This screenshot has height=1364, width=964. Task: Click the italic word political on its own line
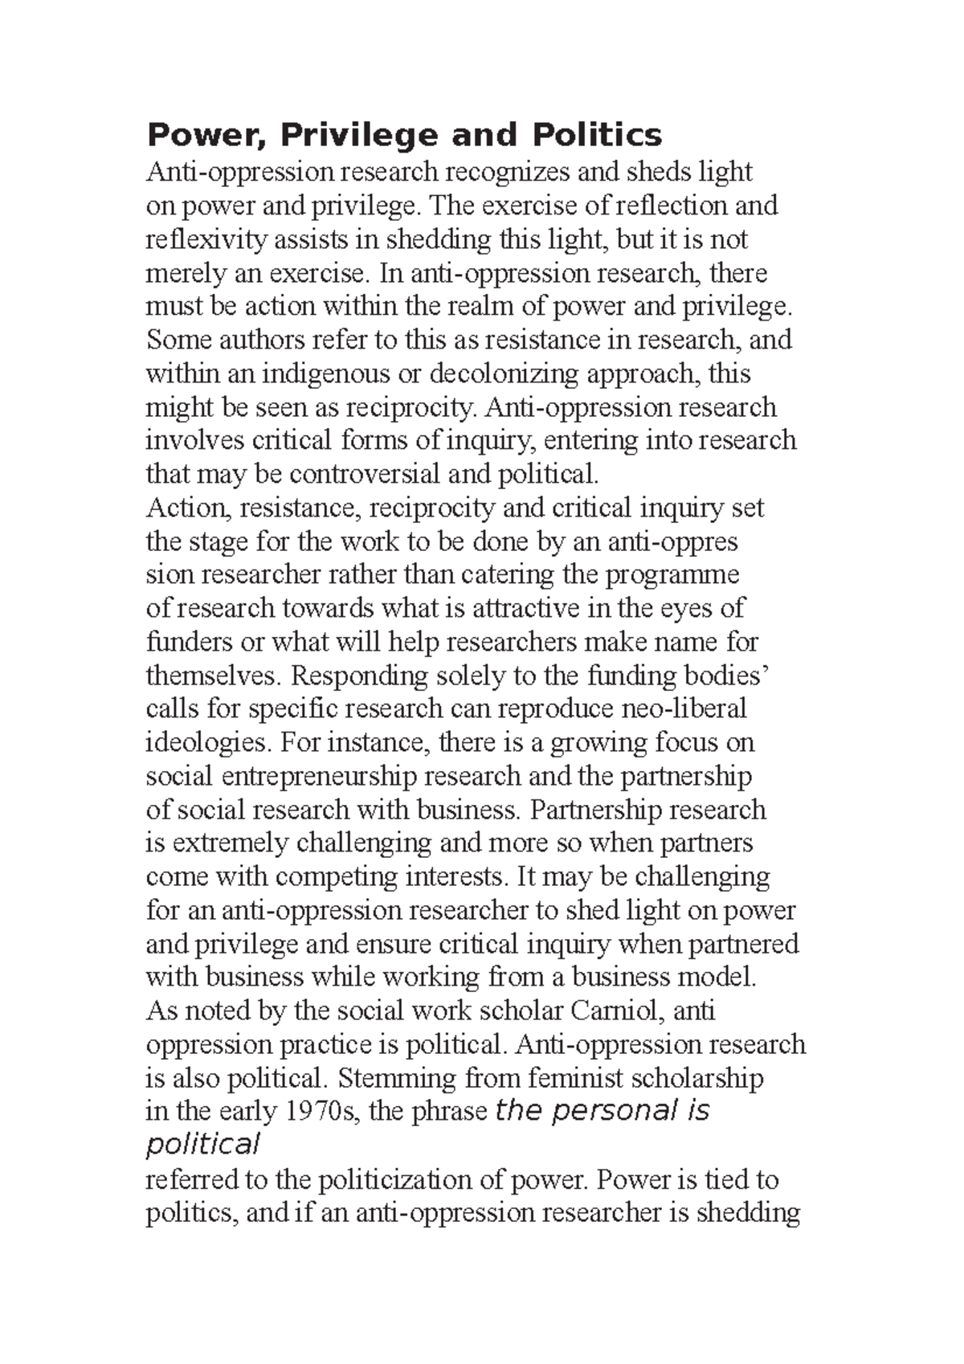[202, 1145]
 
